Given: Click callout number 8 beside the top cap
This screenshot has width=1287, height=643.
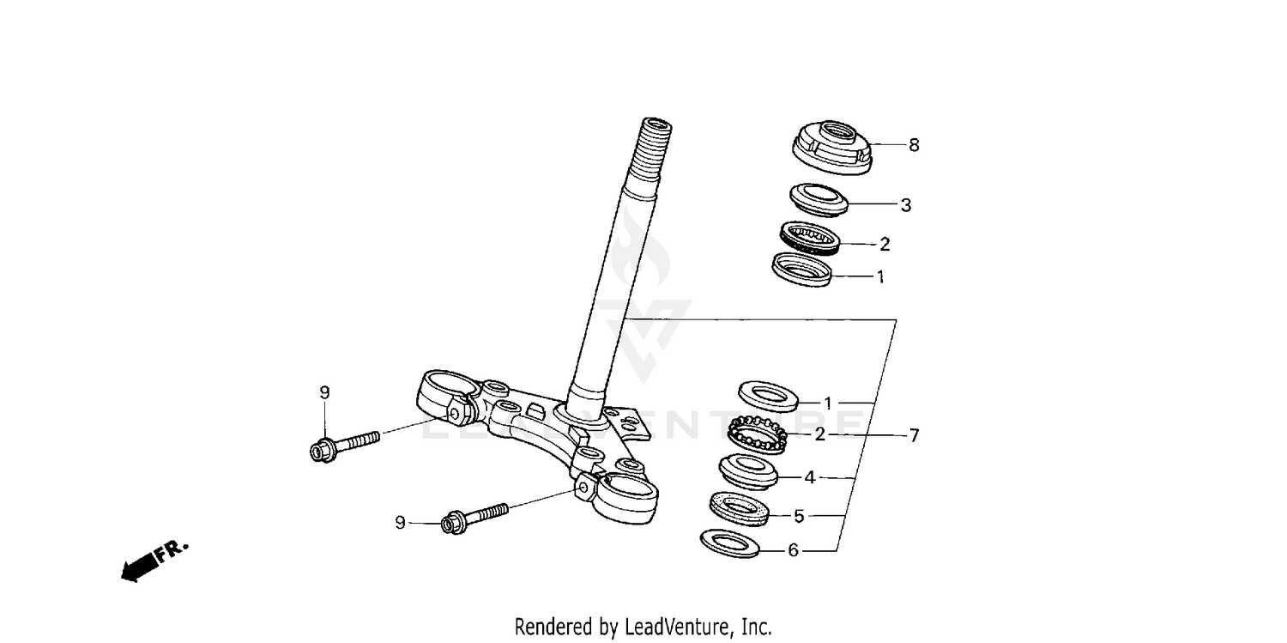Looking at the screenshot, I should click(914, 145).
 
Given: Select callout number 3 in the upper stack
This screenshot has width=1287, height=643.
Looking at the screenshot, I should click(905, 205).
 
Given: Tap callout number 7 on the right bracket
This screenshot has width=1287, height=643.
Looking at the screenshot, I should click(914, 435).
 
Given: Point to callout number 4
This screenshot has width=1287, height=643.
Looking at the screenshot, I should click(809, 477).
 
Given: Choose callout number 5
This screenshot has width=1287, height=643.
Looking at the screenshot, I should click(799, 516).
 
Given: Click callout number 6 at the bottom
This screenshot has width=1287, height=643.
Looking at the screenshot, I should click(793, 550).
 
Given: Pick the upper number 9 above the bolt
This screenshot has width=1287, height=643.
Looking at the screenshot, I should click(324, 392).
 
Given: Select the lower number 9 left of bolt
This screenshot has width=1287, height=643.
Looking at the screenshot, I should click(400, 521).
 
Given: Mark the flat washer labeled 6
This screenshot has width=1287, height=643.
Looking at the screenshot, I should click(729, 543).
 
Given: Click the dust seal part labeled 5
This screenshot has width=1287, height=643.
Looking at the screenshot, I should click(738, 508).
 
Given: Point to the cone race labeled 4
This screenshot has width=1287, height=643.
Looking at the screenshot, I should click(747, 469).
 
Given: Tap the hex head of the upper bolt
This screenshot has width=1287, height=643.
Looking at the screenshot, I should click(322, 450).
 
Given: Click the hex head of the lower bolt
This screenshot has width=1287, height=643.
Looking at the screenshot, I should click(454, 522).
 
